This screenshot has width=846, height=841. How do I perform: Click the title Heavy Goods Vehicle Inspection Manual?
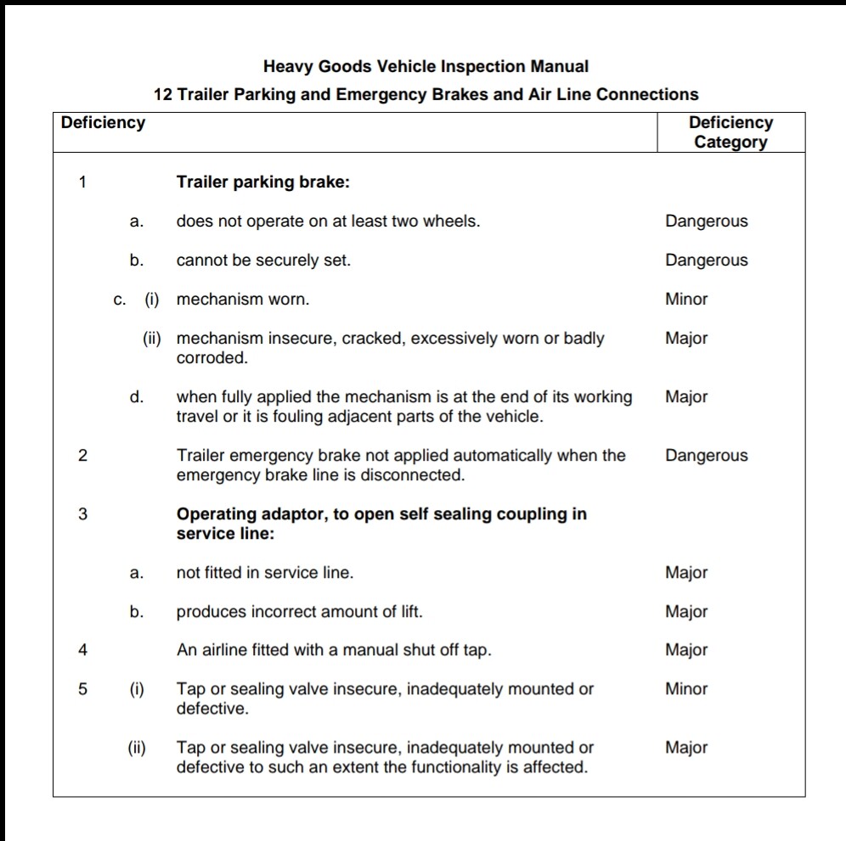(426, 66)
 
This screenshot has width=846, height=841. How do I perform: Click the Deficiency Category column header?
(730, 132)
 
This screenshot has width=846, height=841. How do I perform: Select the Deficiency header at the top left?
(103, 122)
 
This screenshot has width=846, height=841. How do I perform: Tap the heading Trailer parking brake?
(263, 182)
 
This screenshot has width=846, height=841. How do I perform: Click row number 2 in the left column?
(82, 456)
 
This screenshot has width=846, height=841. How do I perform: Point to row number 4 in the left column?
(82, 651)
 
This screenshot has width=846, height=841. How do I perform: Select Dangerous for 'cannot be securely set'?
(707, 261)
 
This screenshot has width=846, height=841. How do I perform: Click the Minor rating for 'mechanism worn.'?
(686, 300)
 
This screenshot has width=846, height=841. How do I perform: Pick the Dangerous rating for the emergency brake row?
(707, 456)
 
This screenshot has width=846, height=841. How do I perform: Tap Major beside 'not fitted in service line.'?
(686, 573)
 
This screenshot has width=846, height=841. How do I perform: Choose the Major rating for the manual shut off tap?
(686, 651)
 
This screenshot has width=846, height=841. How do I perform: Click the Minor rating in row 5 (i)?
(686, 689)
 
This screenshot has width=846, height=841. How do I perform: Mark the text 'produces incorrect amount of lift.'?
(299, 612)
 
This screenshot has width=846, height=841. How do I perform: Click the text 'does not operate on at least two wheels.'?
(328, 221)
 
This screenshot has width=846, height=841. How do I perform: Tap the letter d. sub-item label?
(136, 397)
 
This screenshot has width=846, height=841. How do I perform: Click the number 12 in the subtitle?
(162, 94)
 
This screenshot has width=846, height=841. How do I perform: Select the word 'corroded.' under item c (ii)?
(212, 358)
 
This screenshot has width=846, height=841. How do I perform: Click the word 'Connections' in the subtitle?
(647, 94)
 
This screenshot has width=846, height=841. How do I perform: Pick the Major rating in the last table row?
(686, 748)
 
